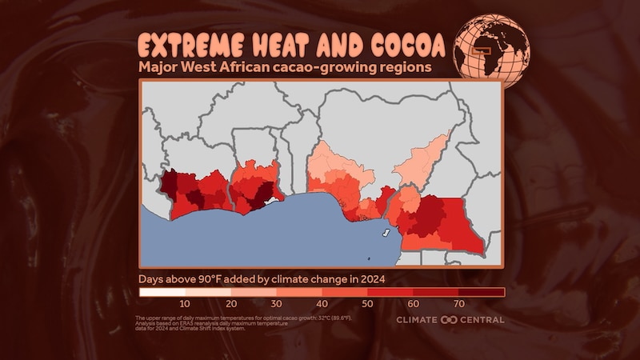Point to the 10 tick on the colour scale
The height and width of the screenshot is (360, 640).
[x=185, y=304]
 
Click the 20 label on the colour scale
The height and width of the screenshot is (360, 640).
[x=231, y=304]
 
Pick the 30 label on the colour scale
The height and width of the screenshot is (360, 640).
[x=277, y=304]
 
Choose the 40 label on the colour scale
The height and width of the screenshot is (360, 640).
[x=322, y=304]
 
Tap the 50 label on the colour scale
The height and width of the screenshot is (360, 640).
[x=368, y=304]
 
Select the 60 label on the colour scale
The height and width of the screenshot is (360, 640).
[x=414, y=304]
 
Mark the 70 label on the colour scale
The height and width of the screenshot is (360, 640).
[x=459, y=304]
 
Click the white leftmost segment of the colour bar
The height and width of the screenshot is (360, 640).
[x=162, y=292]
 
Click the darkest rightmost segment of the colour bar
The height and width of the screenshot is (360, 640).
[x=482, y=292]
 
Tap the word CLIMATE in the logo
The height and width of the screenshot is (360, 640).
[x=417, y=320]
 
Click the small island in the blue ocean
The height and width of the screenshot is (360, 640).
[x=386, y=233]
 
